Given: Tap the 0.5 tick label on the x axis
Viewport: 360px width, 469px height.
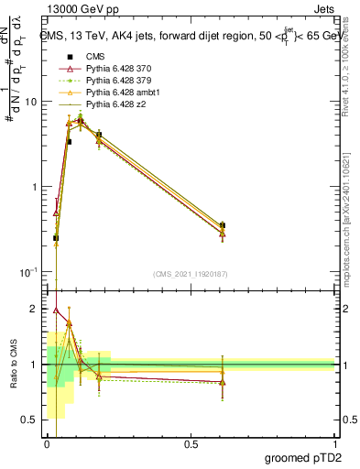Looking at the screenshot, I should (x=191, y=444).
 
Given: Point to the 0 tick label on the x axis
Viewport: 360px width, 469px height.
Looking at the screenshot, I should (x=47, y=444).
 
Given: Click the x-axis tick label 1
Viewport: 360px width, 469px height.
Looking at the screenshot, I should (x=334, y=444).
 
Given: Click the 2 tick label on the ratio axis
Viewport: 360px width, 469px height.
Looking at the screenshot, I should (x=36, y=310).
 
